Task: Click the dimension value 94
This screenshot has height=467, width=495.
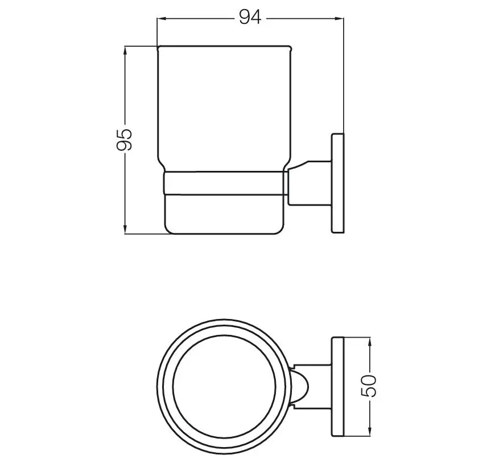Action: coord(250,17)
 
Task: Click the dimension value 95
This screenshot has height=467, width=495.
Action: coord(125,140)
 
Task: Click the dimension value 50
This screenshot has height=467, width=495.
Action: coord(369,386)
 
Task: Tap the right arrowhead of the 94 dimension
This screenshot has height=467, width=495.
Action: coord(340,19)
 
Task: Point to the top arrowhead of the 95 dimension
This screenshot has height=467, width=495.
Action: coord(125,51)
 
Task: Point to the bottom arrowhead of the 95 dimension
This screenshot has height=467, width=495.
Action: coord(125,230)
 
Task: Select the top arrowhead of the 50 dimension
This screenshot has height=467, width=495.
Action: coord(369,342)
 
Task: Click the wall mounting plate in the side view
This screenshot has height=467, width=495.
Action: coord(337,183)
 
